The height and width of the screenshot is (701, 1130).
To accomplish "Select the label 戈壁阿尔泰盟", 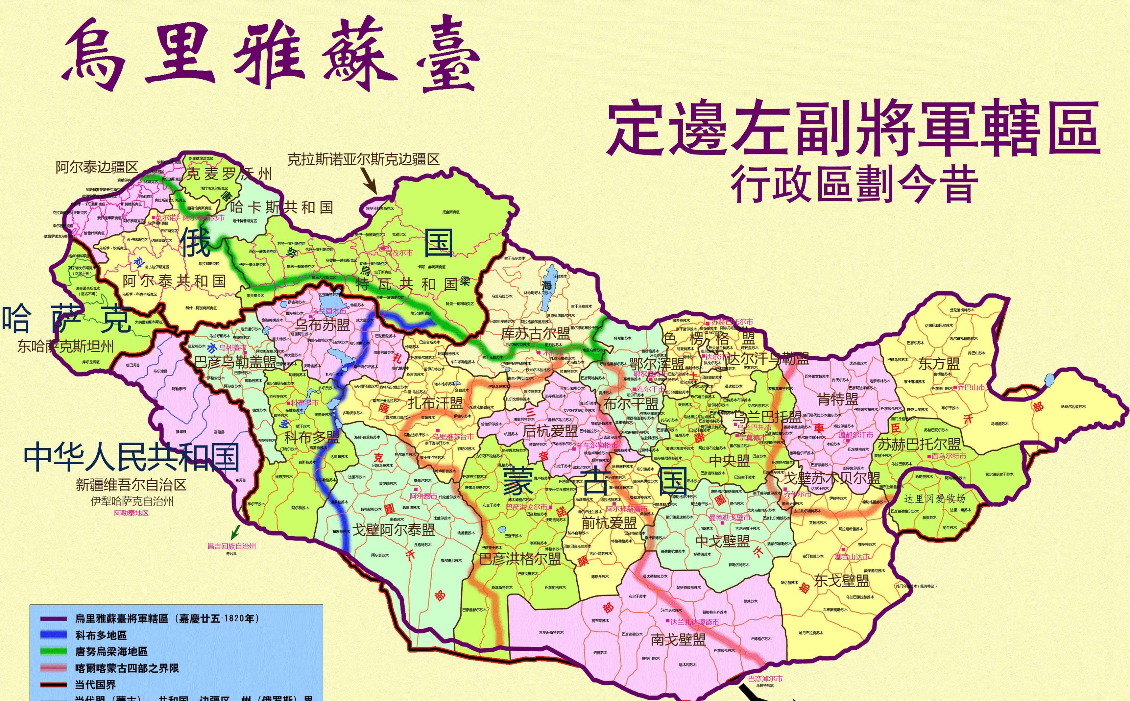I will pyautogui.click(x=394, y=529).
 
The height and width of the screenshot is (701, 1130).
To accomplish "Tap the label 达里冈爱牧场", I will pyautogui.click(x=935, y=499).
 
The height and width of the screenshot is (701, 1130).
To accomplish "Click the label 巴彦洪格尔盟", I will pyautogui.click(x=519, y=559).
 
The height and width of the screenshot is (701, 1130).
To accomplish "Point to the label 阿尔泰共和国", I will pyautogui.click(x=174, y=281).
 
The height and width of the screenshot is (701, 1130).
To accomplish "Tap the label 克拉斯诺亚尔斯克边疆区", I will pyautogui.click(x=363, y=159).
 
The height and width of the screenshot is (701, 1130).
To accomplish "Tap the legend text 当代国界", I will pyautogui.click(x=95, y=684).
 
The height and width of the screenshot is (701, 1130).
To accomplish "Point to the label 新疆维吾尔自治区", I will pyautogui.click(x=131, y=485).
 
